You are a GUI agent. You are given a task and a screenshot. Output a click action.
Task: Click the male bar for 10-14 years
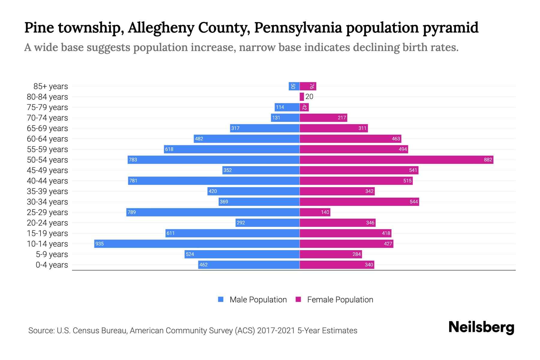[x=197, y=244]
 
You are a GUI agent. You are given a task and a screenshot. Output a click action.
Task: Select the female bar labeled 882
[x=396, y=160]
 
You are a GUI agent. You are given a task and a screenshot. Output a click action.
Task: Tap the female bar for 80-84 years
[x=301, y=97]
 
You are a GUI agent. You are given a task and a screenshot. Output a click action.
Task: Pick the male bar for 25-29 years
[x=213, y=212]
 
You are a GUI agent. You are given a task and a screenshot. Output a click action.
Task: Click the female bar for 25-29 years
[x=315, y=212]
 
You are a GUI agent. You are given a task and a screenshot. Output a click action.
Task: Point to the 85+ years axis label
[x=50, y=86]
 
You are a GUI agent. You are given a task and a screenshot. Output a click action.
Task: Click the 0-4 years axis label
[x=52, y=265]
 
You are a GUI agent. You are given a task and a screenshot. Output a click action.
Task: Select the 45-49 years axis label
[x=47, y=170]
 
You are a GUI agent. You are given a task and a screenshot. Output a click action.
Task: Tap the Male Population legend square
[x=221, y=299]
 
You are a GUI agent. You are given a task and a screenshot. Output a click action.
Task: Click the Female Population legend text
[x=340, y=300]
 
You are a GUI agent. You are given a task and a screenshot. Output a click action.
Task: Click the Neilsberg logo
[x=481, y=327]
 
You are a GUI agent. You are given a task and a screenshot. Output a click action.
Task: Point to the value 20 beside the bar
[x=309, y=97]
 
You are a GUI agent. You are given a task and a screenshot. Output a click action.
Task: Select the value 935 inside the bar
[x=99, y=244]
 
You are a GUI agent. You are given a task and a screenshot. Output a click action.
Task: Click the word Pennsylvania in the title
[x=298, y=28]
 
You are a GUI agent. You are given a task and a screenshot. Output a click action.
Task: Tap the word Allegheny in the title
[x=160, y=28]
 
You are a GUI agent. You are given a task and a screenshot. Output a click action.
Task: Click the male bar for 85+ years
[x=294, y=86]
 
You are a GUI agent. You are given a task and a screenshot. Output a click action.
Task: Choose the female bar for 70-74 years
[x=323, y=118]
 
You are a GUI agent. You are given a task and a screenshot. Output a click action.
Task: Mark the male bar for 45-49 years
[x=261, y=170]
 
